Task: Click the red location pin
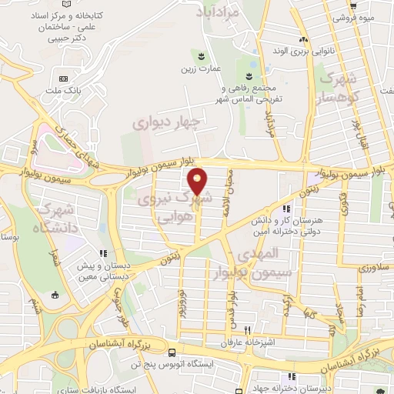198,181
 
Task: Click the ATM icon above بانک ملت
63,78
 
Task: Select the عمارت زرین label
195,69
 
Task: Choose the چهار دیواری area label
165,122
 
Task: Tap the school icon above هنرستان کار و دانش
286,209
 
